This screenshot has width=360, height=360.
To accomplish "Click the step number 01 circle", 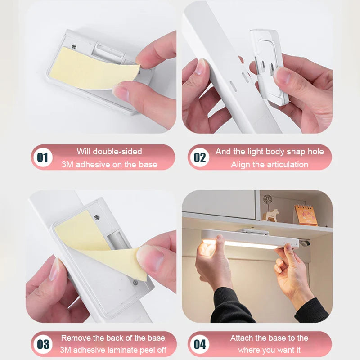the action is (43, 157).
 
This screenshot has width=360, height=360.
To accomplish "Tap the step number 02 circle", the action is (199, 157).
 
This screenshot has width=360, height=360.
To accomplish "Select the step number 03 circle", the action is (43, 344).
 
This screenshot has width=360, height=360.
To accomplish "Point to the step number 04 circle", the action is (199, 344).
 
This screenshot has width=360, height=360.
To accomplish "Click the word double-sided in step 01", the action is (117, 152).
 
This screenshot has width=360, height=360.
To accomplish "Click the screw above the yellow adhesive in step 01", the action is (74, 47).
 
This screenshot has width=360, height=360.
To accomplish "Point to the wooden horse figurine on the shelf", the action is (271, 215).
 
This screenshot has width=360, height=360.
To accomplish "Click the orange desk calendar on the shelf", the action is (306, 215).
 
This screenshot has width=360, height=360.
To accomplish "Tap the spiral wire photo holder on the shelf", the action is (267, 202).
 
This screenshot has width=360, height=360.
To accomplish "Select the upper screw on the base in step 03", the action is (97, 217).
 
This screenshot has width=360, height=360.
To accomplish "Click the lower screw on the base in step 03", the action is (135, 283).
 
